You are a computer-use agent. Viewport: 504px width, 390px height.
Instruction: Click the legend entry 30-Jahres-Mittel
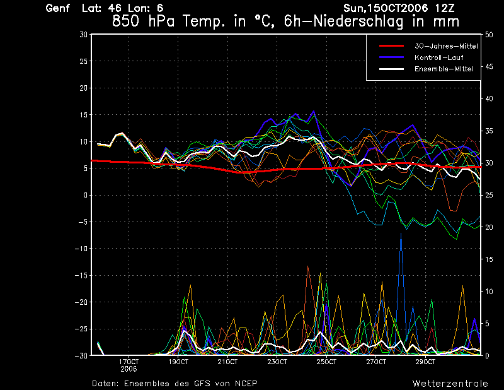coord(446,47)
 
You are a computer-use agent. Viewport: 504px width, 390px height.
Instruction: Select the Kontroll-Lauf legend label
coord(439,57)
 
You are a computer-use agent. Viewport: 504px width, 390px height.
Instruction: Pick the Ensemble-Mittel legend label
coord(444,69)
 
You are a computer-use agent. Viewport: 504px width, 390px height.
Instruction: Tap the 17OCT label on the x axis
coord(129,362)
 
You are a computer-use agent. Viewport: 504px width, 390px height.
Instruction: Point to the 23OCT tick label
coord(277,362)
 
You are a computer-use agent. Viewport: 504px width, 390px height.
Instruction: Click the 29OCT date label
coord(425,362)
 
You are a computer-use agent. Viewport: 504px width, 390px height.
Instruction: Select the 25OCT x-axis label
coord(326,362)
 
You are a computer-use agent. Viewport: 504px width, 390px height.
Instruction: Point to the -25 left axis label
coord(81,329)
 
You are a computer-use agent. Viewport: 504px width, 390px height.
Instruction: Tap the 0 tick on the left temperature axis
coord(85,195)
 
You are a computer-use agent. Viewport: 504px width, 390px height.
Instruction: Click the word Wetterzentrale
coord(450,383)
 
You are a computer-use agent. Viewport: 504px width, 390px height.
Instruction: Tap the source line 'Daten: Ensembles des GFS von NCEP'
coord(175,383)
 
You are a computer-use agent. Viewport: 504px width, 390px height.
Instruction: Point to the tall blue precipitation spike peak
coord(401,233)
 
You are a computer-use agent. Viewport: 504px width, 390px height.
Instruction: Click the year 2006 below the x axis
coord(129,369)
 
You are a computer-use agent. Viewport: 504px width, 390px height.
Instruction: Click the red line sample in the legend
coord(391,46)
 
